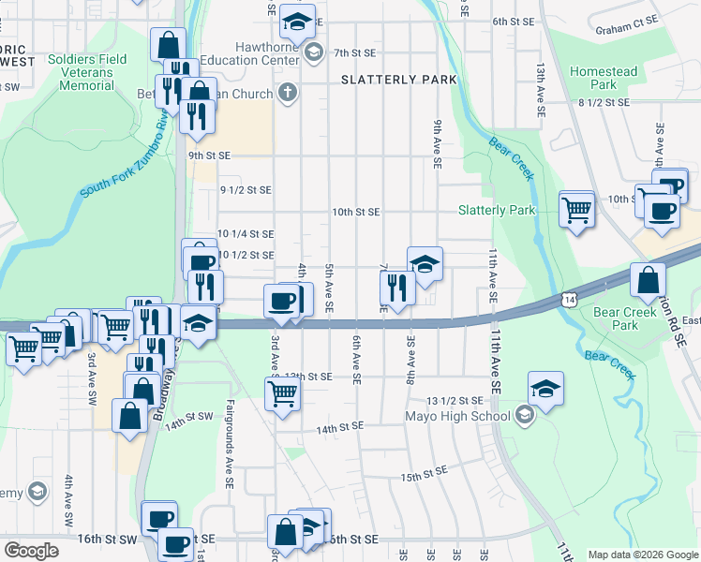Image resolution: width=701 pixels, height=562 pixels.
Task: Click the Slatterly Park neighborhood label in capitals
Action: point(398,80)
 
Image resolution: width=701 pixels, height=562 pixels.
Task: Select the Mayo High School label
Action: point(457,417)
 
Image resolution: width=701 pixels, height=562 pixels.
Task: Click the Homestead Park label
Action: point(603,78)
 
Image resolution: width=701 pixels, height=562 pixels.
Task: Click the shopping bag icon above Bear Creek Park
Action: point(649,279)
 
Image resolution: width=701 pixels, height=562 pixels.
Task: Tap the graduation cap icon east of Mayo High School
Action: point(545,388)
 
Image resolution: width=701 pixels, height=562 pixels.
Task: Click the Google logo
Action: point(32,551)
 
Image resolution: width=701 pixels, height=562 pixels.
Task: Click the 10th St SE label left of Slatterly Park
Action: point(355,213)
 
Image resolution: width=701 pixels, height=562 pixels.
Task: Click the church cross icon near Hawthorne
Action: point(288,94)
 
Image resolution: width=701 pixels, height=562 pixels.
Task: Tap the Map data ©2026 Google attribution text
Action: point(642,554)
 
